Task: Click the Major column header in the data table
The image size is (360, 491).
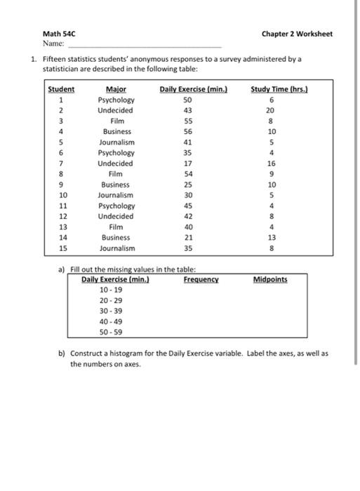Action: (x=116, y=89)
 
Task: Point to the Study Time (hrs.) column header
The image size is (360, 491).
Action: (x=272, y=89)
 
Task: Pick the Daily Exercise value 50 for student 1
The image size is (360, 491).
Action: (x=187, y=100)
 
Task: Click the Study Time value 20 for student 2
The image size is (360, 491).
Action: (x=272, y=111)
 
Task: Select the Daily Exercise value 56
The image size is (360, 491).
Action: (x=187, y=132)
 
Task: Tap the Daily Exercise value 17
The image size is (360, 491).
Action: (x=187, y=163)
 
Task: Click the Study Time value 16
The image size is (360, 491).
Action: (x=272, y=163)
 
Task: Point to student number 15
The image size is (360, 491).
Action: (x=62, y=248)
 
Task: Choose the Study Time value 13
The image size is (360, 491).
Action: (x=272, y=238)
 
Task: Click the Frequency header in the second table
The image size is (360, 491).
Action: (x=201, y=279)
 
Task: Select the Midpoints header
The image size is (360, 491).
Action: (x=270, y=279)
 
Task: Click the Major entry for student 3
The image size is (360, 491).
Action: (x=116, y=121)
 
